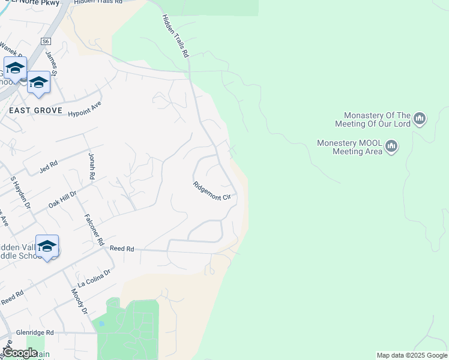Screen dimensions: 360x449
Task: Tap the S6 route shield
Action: (46, 41)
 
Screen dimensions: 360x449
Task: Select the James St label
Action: (51, 62)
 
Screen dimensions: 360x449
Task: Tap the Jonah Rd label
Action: (92, 166)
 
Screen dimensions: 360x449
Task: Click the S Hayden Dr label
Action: (20, 192)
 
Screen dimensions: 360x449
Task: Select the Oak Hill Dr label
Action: (62, 200)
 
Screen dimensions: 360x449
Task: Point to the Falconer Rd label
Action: (95, 230)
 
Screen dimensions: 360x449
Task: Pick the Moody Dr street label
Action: (80, 302)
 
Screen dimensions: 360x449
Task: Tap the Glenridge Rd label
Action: (35, 332)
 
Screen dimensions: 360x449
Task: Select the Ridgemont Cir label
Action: (212, 191)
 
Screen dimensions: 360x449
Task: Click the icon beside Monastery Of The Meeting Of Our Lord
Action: (420, 119)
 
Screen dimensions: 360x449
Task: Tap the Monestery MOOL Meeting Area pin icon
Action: (392, 146)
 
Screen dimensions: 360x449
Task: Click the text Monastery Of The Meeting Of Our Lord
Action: (377, 119)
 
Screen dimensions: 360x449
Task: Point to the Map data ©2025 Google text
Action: (412, 355)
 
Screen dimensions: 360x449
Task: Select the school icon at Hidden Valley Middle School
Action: (47, 246)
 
